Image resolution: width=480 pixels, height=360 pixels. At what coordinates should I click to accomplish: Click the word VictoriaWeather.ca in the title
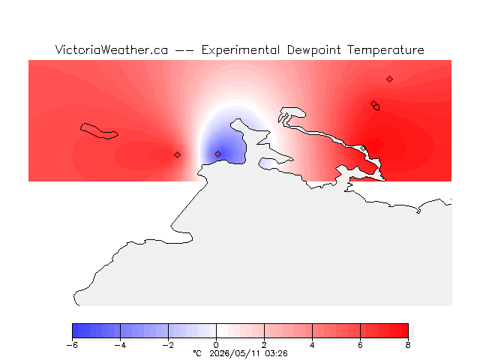pos(112,50)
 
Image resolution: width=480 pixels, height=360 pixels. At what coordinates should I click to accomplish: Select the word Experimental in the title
pos(241,50)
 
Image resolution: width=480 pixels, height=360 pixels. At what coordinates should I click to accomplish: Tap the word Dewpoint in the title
pos(313,50)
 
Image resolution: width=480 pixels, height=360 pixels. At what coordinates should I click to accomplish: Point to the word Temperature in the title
pos(385,50)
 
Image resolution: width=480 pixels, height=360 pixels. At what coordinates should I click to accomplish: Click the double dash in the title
pos(184,50)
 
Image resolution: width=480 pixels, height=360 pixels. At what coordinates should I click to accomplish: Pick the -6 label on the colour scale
pos(72,345)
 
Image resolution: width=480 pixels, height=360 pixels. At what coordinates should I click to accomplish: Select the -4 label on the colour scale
pos(120,345)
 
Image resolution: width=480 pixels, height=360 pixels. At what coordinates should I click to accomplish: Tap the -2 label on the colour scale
pos(168,345)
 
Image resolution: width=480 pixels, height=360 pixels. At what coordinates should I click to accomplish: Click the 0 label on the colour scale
pos(216,345)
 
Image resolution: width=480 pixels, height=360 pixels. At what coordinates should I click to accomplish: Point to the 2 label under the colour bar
pos(264,345)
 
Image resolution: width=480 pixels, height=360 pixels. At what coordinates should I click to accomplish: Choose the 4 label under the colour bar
pos(312,345)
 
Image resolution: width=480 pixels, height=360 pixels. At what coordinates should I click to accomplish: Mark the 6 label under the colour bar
pos(360,345)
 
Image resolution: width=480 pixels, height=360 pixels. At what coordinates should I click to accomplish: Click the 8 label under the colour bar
pos(408,345)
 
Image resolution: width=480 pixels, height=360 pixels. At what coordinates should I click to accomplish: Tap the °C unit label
pos(197,353)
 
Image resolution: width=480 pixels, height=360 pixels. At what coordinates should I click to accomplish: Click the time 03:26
pos(277,353)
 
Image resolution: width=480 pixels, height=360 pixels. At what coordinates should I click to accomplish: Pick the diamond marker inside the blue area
pos(217,154)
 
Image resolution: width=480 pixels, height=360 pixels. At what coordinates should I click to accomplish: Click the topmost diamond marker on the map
pos(389,79)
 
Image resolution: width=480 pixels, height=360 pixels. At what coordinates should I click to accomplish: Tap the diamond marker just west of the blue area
pos(177,155)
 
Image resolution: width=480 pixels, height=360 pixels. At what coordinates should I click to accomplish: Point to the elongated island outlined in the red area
pos(99,131)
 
